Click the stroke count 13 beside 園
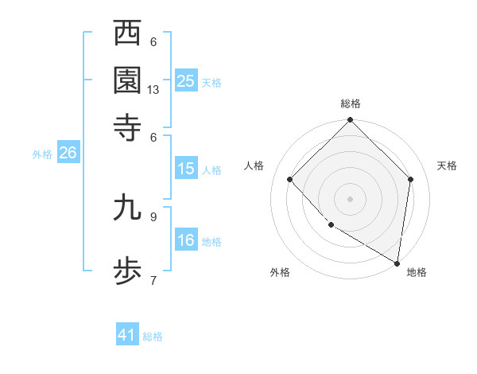click(153, 90)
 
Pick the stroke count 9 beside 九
click(153, 216)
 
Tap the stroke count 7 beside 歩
click(153, 279)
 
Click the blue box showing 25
click(186, 81)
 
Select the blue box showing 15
click(186, 169)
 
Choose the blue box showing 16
click(186, 240)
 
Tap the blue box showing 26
click(68, 153)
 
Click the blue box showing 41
click(127, 335)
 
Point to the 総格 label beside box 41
click(153, 337)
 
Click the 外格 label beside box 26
click(42, 154)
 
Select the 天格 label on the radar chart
click(447, 166)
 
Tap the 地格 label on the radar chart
click(417, 272)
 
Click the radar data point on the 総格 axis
click(350, 122)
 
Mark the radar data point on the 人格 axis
click(290, 180)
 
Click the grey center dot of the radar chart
click(350, 198)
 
